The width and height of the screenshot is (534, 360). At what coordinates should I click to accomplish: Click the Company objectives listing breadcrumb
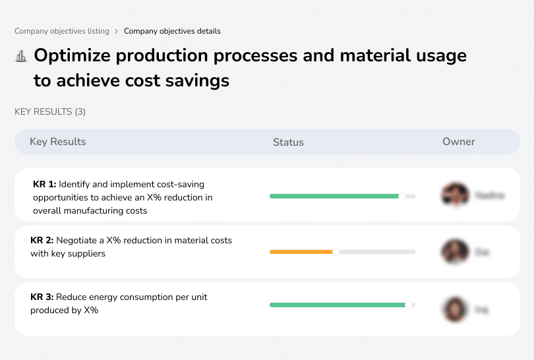click(62, 31)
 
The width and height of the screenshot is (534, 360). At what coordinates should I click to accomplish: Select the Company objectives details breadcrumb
click(172, 31)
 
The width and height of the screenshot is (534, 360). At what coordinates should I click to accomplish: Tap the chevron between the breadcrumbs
click(117, 31)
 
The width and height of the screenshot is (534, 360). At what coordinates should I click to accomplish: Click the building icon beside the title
click(21, 57)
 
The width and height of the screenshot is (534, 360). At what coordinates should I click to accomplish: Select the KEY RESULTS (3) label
click(50, 112)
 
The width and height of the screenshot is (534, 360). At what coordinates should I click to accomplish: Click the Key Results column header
click(58, 142)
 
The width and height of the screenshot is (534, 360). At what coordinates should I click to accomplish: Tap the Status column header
click(288, 142)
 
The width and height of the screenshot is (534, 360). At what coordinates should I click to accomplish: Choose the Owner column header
click(459, 142)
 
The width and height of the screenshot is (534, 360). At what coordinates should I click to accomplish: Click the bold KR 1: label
click(44, 185)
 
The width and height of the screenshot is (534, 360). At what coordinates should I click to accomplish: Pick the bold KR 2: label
click(42, 241)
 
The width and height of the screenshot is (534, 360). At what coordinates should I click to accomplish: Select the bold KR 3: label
click(42, 297)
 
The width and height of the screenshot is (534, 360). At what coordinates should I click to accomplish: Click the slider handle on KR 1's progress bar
click(402, 196)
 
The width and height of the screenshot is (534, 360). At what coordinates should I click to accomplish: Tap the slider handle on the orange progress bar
click(336, 252)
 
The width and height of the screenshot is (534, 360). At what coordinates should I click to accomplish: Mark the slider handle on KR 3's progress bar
click(409, 305)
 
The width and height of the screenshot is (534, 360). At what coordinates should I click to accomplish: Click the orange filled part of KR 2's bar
click(301, 252)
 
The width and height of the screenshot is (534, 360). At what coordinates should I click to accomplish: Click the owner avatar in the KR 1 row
click(455, 195)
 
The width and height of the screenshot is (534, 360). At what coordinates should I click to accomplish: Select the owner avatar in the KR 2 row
click(455, 252)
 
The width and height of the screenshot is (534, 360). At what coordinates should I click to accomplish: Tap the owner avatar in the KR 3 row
click(455, 309)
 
